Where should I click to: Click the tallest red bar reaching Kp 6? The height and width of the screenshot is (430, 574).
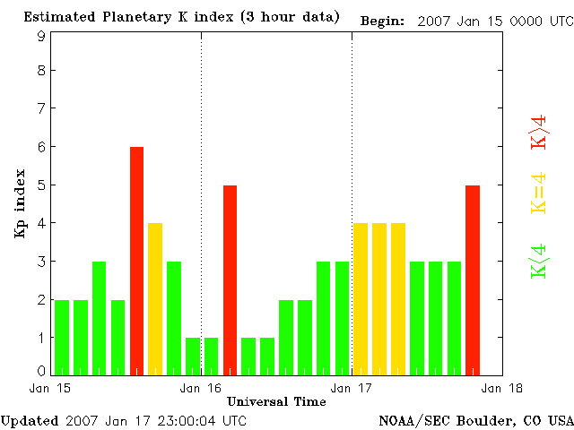point(136,260)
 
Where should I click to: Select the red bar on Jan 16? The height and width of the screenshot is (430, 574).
point(230,279)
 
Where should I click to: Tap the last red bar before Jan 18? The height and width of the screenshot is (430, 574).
point(473,279)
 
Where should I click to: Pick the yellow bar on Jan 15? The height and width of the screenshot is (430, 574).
point(155,297)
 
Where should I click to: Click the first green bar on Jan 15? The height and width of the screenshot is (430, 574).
point(62,336)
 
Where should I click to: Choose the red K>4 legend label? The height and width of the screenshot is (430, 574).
point(538,133)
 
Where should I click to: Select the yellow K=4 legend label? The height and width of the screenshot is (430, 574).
point(538,193)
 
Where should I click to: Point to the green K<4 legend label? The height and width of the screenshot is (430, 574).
point(538,261)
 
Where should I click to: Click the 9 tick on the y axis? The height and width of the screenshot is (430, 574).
point(41,36)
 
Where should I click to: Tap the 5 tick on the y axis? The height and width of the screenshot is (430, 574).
point(41,185)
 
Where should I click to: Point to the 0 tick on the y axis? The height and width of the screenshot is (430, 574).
point(41,370)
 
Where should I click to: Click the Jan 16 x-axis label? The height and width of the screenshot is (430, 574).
point(201,389)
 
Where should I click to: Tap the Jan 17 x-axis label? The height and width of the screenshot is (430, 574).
point(352,389)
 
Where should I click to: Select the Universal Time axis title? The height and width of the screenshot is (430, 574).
point(276,401)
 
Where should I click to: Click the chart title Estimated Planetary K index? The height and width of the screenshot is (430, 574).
point(181,17)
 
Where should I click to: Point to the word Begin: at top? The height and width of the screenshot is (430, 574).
point(383,20)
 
